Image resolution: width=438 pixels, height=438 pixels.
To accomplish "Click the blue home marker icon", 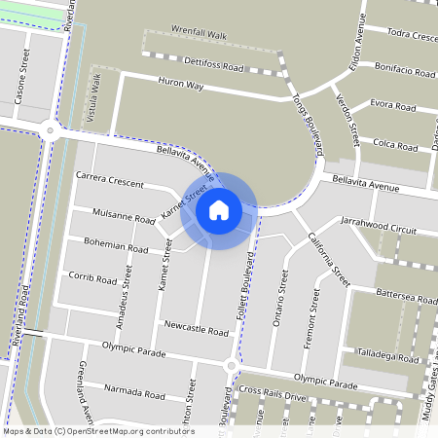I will pyautogui.click(x=218, y=210).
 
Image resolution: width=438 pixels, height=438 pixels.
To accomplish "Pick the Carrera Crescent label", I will pyautogui.click(x=109, y=180).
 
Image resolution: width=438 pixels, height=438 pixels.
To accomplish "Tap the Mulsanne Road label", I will pyautogui.click(x=124, y=213).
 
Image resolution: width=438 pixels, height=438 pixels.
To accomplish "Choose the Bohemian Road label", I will pyautogui.click(x=116, y=245).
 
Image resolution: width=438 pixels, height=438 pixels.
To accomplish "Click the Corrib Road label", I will pyautogui.click(x=93, y=278).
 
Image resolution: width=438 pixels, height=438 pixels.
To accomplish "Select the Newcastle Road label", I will pyautogui.click(x=197, y=328).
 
